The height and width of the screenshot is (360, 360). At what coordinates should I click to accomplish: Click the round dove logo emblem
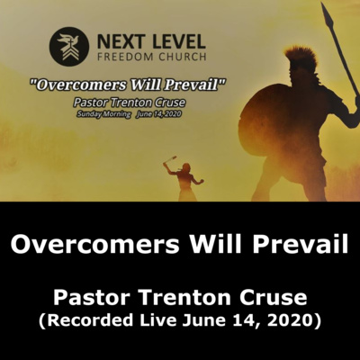pos(69,47)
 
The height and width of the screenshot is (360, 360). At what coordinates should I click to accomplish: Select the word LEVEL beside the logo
pos(179,41)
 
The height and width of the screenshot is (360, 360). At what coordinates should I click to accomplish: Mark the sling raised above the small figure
pos(171,159)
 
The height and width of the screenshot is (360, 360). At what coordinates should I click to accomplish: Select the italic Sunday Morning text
pos(103,114)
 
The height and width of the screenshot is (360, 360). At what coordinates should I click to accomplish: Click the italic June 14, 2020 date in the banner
pos(158,114)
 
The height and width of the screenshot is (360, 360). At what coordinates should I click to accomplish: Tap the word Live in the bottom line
pos(157,319)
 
